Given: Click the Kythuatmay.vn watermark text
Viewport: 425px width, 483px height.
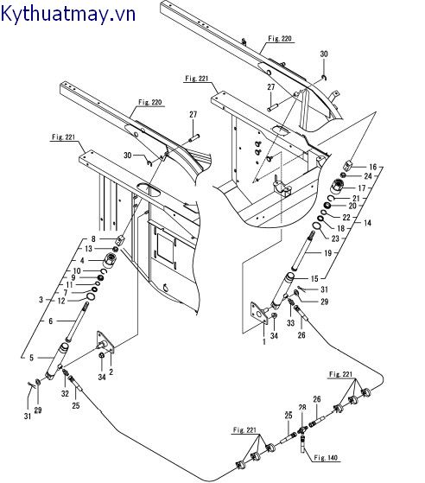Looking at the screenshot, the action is [68, 14].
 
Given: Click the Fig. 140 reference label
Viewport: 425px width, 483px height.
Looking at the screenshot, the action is [326, 458].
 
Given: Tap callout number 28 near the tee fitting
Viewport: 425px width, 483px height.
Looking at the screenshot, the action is [302, 408].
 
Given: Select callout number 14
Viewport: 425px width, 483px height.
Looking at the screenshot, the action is [367, 223].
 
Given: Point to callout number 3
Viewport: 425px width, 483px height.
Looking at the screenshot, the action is [41, 300].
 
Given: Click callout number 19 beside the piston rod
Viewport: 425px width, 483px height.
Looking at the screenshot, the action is [328, 253].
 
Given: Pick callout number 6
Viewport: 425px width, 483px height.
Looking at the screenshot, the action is [50, 321].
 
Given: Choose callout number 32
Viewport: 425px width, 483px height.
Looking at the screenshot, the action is [65, 393].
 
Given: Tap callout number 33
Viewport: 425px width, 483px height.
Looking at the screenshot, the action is [291, 323].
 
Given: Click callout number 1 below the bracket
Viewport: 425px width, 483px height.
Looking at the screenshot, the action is [264, 341].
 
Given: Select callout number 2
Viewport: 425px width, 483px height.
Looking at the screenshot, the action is [111, 372].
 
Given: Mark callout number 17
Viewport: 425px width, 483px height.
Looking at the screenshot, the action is [362, 187].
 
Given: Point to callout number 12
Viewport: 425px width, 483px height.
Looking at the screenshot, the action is [61, 301].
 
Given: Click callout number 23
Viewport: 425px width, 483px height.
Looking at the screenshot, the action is [335, 238].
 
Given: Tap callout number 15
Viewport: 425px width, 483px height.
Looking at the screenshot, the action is [314, 279].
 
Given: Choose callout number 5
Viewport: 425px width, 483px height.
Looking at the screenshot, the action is [31, 358].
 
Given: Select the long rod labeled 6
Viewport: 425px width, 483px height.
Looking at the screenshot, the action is [77, 322].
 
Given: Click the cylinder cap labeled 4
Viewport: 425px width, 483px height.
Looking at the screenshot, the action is [110, 260].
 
